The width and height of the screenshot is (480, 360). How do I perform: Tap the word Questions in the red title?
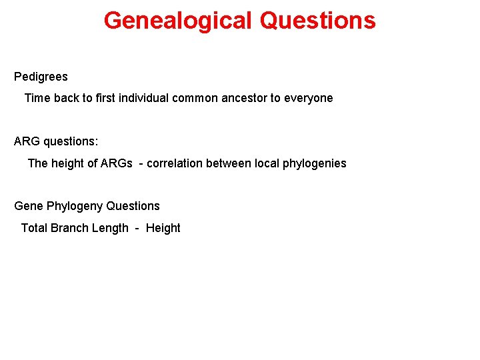pyautogui.click(x=318, y=21)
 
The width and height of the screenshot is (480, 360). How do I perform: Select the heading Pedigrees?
pyautogui.click(x=41, y=77)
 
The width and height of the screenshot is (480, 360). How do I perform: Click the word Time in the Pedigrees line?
pyautogui.click(x=37, y=98)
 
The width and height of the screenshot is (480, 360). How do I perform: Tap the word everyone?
pyautogui.click(x=308, y=98)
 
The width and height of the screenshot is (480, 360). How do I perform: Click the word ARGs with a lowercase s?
pyautogui.click(x=117, y=163)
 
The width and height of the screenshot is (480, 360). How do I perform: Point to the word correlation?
pyautogui.click(x=177, y=163)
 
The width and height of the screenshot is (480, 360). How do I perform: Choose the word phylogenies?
pyautogui.click(x=315, y=163)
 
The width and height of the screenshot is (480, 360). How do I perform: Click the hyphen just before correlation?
pyautogui.click(x=141, y=163)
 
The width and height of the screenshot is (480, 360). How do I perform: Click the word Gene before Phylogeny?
pyautogui.click(x=29, y=206)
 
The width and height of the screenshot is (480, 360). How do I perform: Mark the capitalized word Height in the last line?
pyautogui.click(x=163, y=228)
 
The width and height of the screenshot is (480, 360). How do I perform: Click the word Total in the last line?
pyautogui.click(x=34, y=228)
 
